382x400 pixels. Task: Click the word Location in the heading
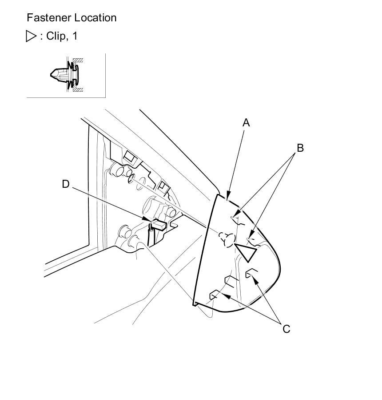(x=95, y=18)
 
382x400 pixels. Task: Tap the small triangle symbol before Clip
(x=31, y=36)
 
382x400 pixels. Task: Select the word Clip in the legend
(x=56, y=36)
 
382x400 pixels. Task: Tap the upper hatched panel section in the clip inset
(x=78, y=61)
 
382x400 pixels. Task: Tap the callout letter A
(x=246, y=123)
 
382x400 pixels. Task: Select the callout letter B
(x=300, y=148)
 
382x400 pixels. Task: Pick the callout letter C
(x=286, y=329)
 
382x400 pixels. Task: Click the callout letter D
(x=66, y=184)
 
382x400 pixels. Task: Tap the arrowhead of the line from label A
(x=228, y=196)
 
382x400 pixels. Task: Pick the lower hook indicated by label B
(x=252, y=241)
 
